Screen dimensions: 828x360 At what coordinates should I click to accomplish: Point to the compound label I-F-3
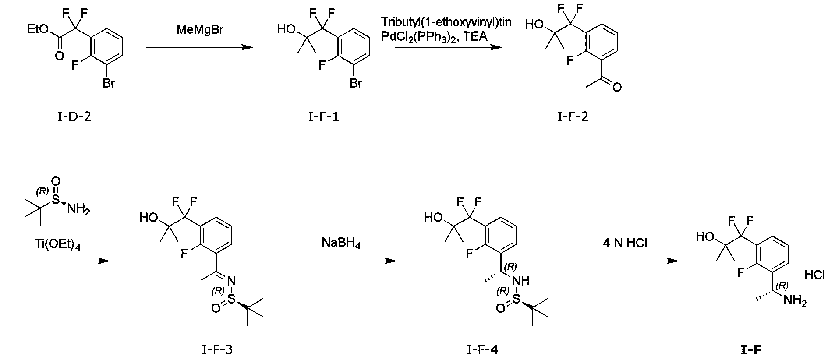tap(217, 349)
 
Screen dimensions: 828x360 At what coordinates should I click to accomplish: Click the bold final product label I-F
tap(751, 349)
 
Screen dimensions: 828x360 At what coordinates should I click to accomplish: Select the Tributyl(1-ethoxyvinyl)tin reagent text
tap(446, 22)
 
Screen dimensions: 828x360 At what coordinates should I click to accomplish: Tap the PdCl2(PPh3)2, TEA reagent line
tap(434, 37)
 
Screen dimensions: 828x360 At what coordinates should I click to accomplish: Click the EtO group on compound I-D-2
tap(37, 29)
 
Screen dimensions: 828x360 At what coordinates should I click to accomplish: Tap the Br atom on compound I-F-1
tap(355, 83)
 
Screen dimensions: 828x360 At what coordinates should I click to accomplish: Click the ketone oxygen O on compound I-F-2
tap(617, 88)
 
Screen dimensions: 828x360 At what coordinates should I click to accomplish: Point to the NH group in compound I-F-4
tap(520, 280)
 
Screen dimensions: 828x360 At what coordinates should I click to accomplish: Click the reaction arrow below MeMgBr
tap(199, 47)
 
